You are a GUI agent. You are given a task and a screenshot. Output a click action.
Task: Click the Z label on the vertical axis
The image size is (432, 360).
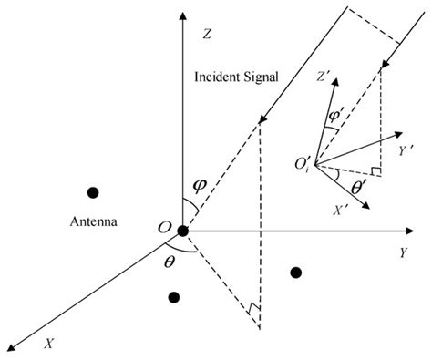coord(208,35)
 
